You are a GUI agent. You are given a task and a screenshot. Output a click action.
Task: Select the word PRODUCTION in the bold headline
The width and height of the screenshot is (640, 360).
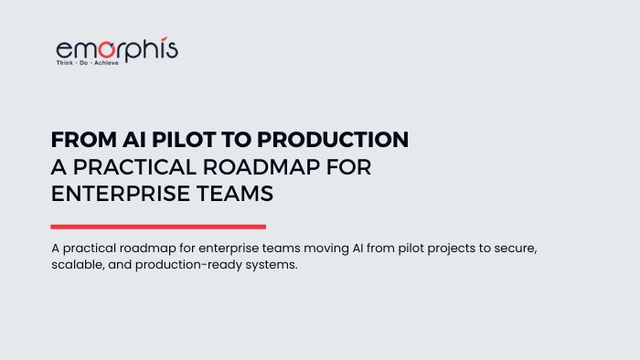[x=333, y=140]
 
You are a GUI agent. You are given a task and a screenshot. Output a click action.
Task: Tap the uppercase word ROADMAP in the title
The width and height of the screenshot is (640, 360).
[x=261, y=167]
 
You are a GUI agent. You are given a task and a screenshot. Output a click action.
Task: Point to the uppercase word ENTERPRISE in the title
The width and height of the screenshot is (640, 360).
[x=121, y=194]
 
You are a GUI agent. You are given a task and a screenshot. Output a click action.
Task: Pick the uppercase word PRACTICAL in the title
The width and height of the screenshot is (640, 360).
[x=134, y=167]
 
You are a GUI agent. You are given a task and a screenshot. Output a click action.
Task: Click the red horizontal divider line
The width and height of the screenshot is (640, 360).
[x=158, y=227]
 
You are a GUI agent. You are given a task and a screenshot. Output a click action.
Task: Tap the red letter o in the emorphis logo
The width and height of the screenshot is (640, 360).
[x=107, y=49]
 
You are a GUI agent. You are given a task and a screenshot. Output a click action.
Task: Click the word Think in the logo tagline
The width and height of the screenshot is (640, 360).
[x=65, y=63]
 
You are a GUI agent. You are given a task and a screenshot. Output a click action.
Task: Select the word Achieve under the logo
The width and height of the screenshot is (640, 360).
[x=107, y=63]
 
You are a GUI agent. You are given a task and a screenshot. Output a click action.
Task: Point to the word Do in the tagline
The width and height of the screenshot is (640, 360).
[x=84, y=63]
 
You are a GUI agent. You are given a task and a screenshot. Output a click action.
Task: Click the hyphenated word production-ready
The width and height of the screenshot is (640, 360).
[x=188, y=265]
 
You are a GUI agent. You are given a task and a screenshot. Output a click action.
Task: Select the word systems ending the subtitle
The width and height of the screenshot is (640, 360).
[x=272, y=265]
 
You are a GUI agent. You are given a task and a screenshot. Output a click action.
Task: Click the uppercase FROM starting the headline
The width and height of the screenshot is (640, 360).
[x=84, y=140]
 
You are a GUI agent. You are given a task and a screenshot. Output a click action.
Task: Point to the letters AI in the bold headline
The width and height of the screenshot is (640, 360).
[x=134, y=140]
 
